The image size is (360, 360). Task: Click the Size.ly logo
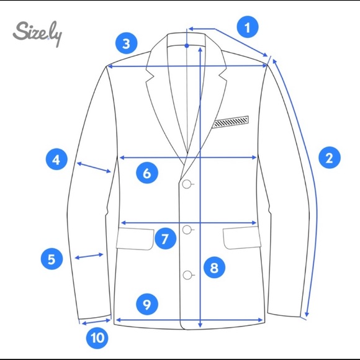37,34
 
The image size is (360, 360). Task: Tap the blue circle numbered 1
247,27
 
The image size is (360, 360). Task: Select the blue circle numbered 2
329,158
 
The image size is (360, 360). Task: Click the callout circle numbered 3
126,43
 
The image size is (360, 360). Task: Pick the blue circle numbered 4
56,160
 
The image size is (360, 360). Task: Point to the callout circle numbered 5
52,259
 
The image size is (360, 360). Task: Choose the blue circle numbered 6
147,173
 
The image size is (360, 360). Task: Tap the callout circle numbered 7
165,239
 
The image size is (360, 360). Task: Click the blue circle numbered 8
214,268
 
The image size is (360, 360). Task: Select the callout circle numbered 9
147,304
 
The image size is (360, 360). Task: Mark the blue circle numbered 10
97,338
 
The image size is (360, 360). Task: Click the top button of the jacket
187,184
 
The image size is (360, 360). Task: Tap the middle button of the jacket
187,230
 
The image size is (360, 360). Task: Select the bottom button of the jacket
187,275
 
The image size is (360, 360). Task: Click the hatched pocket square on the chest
230,122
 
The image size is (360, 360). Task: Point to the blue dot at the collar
187,46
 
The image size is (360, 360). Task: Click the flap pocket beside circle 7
135,239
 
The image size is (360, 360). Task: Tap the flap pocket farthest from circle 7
242,238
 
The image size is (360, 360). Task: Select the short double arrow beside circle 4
94,167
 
